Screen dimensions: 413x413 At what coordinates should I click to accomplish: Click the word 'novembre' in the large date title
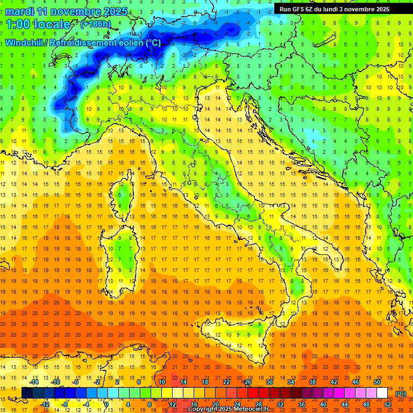(x=77, y=11)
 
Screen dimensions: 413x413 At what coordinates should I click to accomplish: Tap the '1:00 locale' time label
(x=38, y=24)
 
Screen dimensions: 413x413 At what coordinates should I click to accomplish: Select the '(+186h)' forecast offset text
(x=95, y=24)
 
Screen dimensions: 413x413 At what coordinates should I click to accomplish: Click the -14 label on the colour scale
(x=34, y=382)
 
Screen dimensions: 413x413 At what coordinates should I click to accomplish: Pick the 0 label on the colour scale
(x=106, y=405)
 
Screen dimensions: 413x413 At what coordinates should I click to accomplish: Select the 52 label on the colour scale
(x=388, y=405)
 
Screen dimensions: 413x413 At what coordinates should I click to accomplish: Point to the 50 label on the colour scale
(x=377, y=382)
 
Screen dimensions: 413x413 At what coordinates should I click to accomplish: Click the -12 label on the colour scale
(x=45, y=405)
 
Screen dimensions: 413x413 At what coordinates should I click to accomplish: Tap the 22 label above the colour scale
(x=226, y=382)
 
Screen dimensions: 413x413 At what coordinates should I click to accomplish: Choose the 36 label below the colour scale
(x=302, y=405)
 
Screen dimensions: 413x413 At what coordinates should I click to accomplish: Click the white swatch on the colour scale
(x=382, y=393)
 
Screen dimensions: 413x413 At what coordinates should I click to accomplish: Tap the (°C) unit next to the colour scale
(x=401, y=394)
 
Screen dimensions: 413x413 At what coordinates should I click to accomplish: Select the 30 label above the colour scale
(x=269, y=382)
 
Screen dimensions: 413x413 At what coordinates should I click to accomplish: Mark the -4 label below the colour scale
(x=86, y=405)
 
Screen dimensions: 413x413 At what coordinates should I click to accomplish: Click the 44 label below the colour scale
(x=345, y=405)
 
